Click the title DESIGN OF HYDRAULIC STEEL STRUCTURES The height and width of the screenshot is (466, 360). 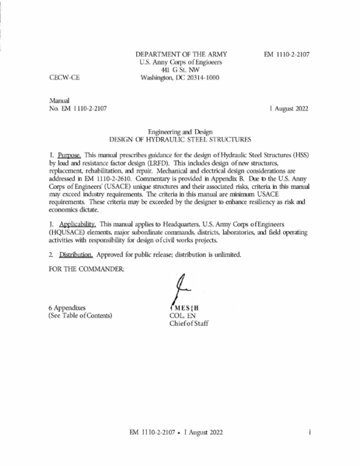pos(180,138)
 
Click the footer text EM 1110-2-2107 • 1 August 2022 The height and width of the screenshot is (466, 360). pos(180,430)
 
